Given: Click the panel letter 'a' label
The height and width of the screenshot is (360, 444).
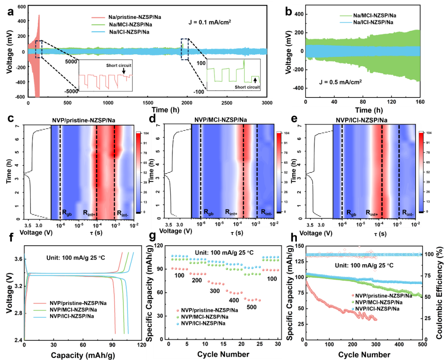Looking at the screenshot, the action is pyautogui.click(x=10, y=12).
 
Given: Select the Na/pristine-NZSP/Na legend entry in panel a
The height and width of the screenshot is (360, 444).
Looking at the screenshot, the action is pyautogui.click(x=126, y=17).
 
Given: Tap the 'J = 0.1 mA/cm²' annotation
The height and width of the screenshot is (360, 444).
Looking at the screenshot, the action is pyautogui.click(x=210, y=22).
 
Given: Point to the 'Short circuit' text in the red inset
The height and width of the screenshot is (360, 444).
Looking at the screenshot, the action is pyautogui.click(x=119, y=65).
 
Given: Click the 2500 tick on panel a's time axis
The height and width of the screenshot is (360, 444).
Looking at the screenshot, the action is pyautogui.click(x=227, y=103).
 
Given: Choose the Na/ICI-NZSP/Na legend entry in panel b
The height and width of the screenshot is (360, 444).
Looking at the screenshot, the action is pyautogui.click(x=367, y=22).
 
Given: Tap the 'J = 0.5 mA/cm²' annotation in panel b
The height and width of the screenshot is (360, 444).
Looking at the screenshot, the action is pyautogui.click(x=340, y=82).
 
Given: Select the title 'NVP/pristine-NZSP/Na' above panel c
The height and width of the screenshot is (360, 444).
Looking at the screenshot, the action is pyautogui.click(x=83, y=120).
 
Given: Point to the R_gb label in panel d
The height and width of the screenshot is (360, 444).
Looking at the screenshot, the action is pyautogui.click(x=209, y=212).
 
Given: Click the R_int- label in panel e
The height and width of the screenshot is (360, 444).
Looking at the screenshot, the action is pyautogui.click(x=408, y=213).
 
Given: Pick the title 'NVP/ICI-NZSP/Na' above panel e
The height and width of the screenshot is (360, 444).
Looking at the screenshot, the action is pyautogui.click(x=362, y=120).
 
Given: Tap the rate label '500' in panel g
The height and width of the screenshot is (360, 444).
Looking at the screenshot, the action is pyautogui.click(x=252, y=307).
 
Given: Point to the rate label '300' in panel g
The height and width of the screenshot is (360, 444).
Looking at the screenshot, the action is pyautogui.click(x=215, y=291).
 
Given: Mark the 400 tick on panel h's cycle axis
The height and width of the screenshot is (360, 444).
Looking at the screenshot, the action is pyautogui.click(x=399, y=344).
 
